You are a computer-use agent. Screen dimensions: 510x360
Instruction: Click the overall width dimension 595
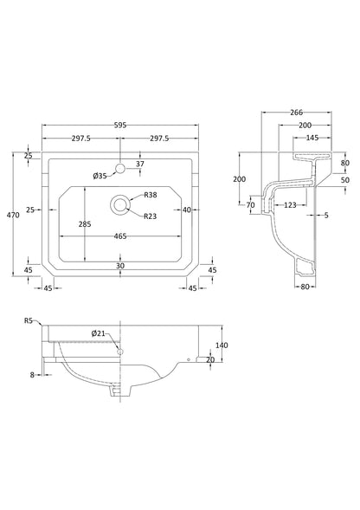tap(121, 126)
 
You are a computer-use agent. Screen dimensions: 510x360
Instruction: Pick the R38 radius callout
tap(150, 195)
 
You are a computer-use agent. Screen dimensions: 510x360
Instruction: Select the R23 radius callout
tap(150, 216)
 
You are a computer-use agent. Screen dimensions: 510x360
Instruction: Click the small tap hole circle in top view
tap(120, 166)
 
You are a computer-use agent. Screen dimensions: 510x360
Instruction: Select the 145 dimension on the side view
tap(311, 139)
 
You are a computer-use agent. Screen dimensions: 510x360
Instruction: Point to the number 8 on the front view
tap(32, 375)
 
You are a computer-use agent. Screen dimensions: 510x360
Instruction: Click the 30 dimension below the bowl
tap(120, 266)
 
